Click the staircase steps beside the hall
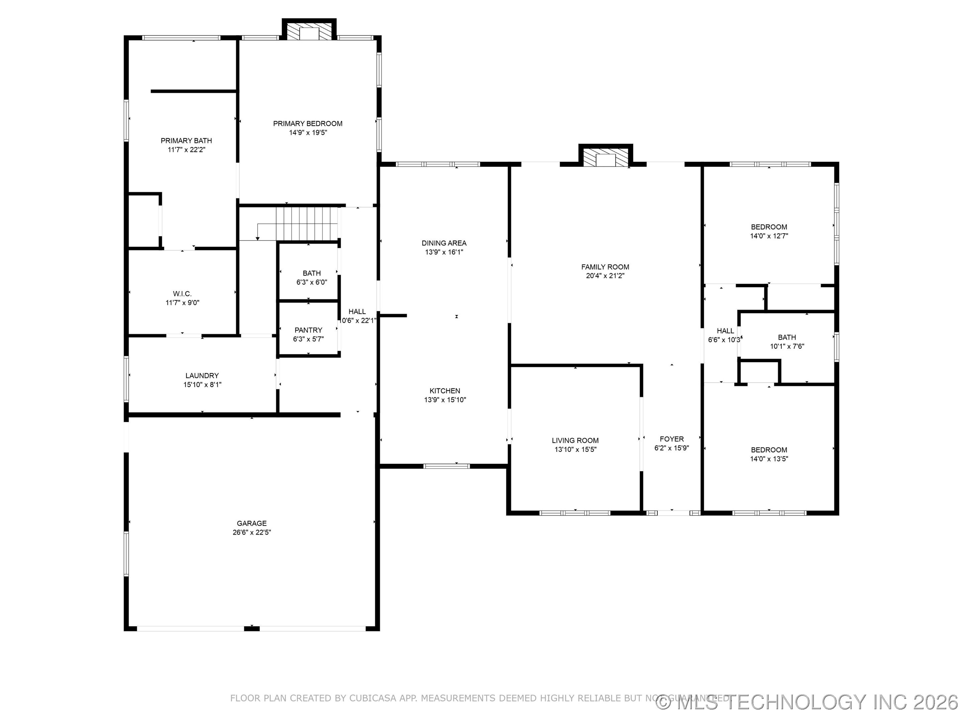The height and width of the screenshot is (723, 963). point(307,222)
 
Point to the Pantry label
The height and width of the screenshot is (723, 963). point(308,330)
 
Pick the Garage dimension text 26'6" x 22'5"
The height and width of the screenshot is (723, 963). point(252,533)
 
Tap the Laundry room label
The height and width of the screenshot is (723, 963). point(202,376)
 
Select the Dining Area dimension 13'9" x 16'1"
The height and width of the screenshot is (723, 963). point(444,252)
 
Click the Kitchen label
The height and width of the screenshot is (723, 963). point(444,391)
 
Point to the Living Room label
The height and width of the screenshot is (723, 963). point(575,440)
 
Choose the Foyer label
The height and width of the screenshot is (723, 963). point(671,439)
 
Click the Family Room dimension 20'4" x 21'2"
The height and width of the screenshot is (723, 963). point(605,276)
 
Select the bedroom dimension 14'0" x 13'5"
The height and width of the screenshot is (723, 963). point(769,459)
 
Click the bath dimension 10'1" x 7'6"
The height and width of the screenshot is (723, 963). point(787,346)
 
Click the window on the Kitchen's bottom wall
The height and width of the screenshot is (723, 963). point(447,466)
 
